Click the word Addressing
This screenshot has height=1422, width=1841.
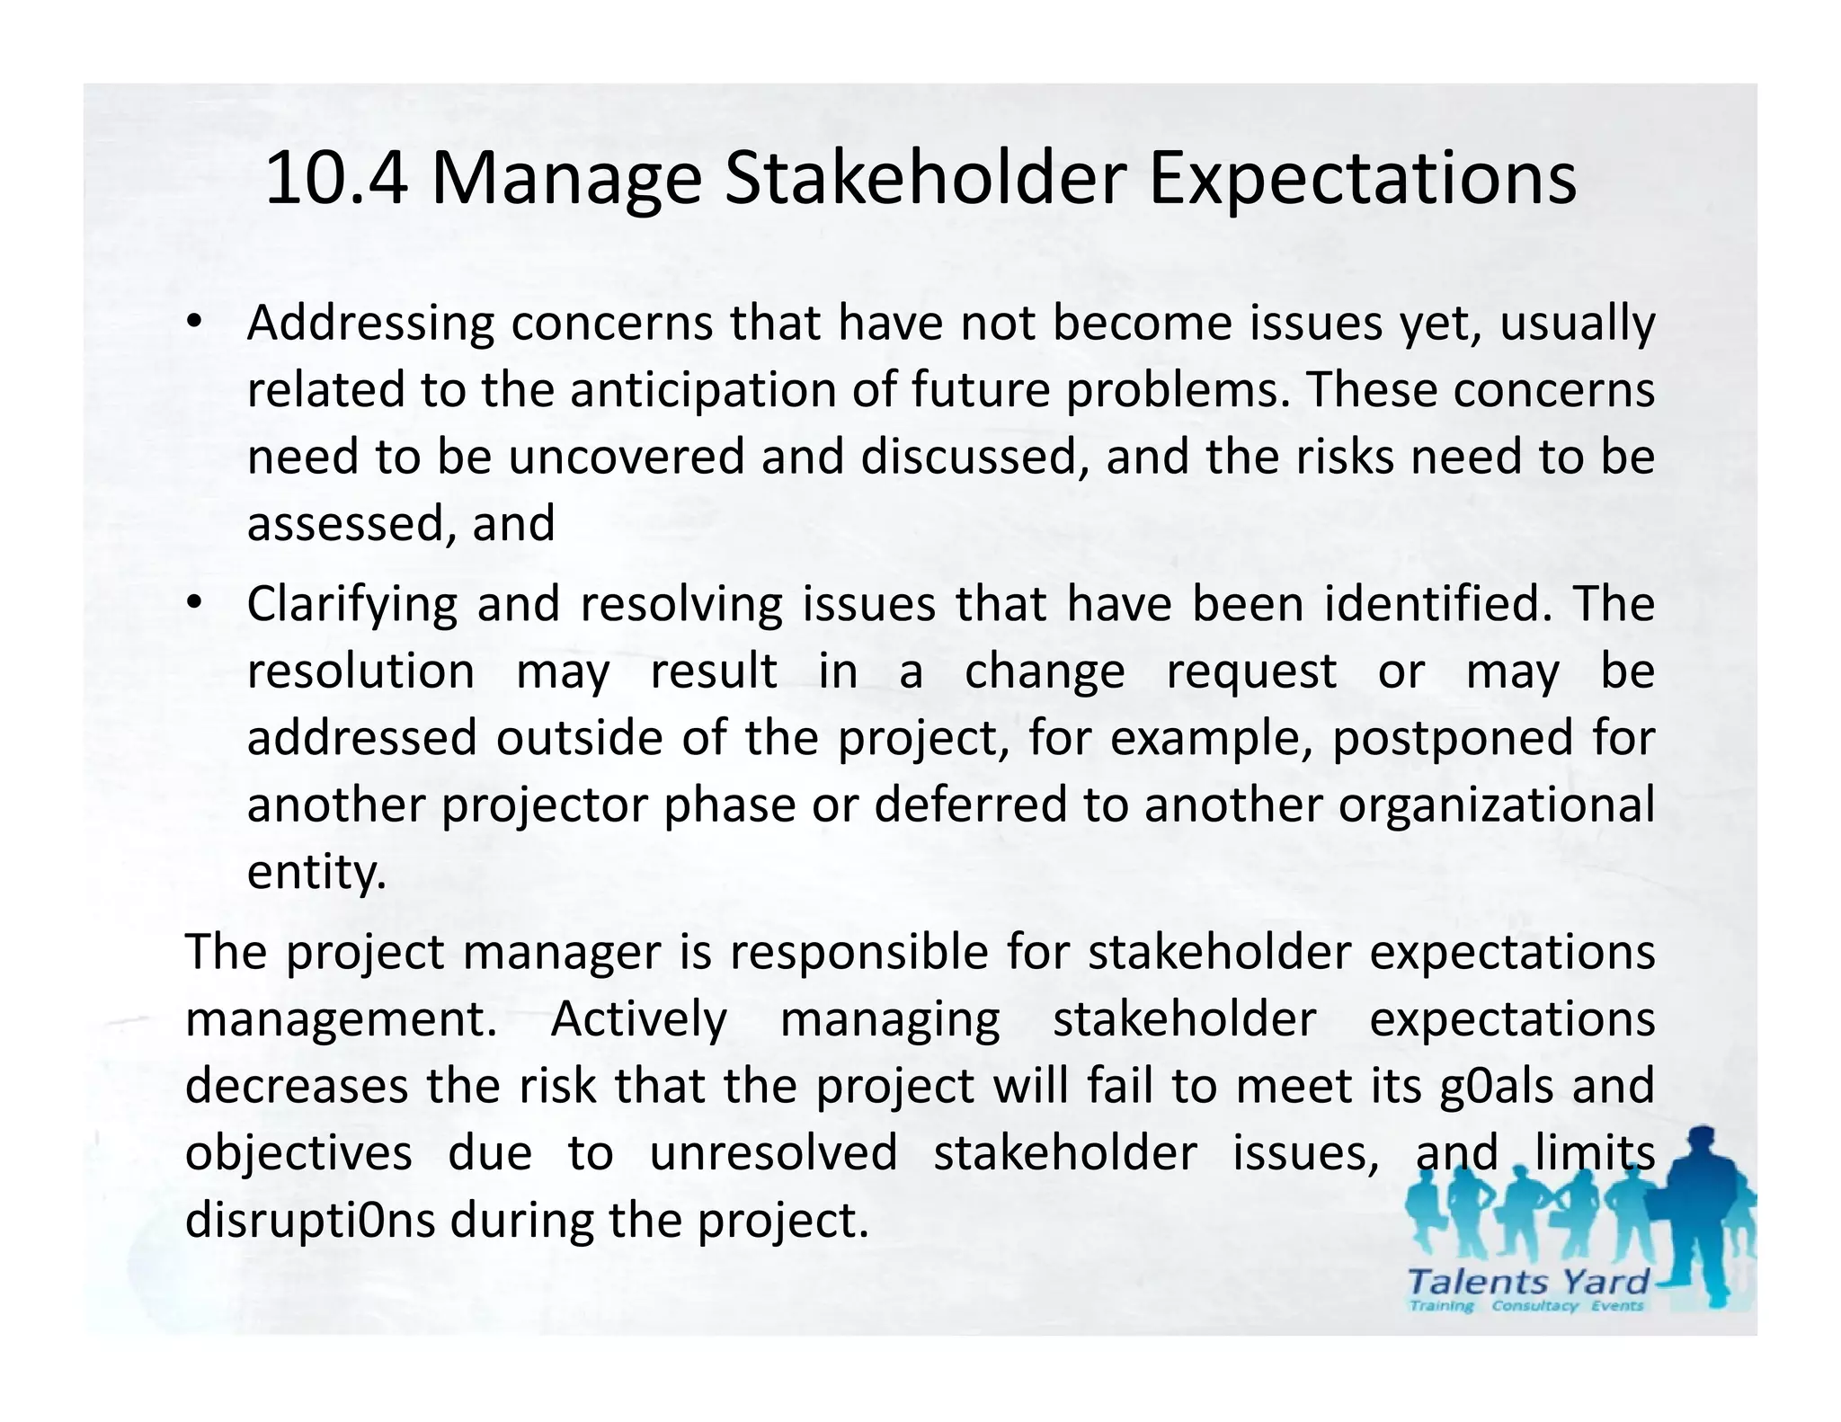click(x=370, y=324)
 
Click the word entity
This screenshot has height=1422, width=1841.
click(x=316, y=871)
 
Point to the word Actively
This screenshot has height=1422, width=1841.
click(x=638, y=1019)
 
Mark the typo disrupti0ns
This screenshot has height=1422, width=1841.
click(x=310, y=1220)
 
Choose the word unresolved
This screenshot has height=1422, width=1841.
click(x=773, y=1153)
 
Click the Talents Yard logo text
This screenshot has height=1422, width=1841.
click(x=1527, y=1281)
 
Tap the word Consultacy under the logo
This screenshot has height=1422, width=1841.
click(x=1534, y=1306)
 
